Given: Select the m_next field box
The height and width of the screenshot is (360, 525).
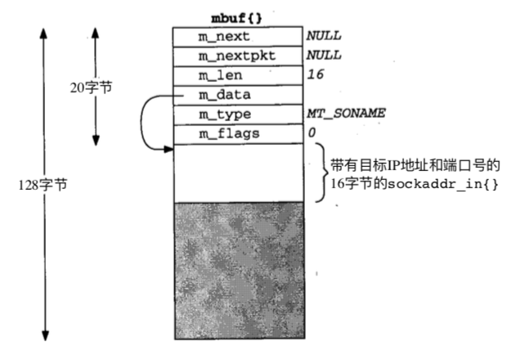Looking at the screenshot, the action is point(236,37).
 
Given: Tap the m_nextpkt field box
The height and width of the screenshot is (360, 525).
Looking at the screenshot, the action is point(236,56).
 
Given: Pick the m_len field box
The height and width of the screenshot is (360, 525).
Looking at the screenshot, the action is point(236,76).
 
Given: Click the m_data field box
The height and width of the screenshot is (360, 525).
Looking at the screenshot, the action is point(236,96).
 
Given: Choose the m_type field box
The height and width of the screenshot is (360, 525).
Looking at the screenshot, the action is point(236,115).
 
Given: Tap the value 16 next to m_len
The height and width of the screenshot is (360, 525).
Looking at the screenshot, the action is point(315,76).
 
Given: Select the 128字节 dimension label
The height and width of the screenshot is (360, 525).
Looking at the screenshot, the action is point(43,184).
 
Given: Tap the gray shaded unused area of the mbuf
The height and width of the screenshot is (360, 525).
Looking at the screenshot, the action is point(236,270).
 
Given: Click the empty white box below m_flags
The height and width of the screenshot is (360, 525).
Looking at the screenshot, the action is point(236,173).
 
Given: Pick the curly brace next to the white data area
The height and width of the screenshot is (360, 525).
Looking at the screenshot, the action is point(319,173).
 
